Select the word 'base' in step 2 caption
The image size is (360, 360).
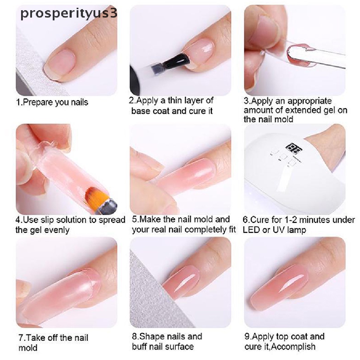click(141, 111)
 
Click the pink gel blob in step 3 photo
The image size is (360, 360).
click(294, 53)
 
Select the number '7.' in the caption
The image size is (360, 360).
click(22, 338)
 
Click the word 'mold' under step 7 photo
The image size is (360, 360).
click(28, 348)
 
